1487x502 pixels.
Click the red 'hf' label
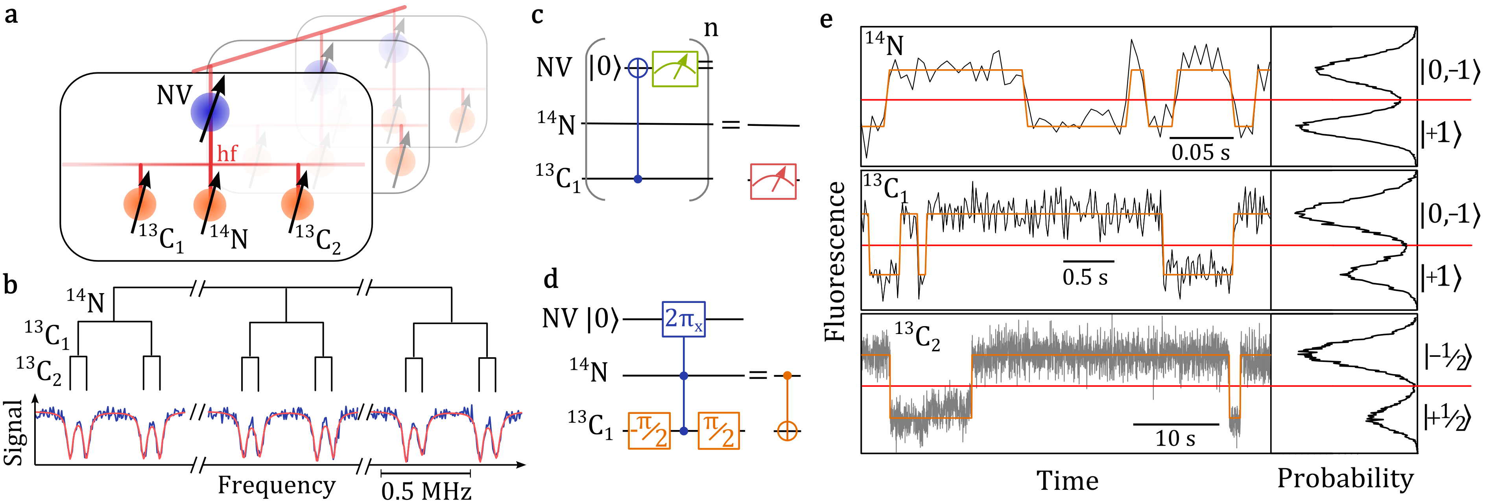227,153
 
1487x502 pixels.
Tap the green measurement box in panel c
675,69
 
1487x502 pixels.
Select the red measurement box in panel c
773,182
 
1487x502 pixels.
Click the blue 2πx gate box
683,319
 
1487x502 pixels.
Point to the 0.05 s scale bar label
1201,152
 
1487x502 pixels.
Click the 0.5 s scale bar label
1085,277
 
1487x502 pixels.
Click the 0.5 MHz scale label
426,491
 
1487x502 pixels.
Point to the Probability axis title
1345,478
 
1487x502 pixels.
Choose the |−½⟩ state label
1448,356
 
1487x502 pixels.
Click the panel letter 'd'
551,280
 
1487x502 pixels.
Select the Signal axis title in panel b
13,433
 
